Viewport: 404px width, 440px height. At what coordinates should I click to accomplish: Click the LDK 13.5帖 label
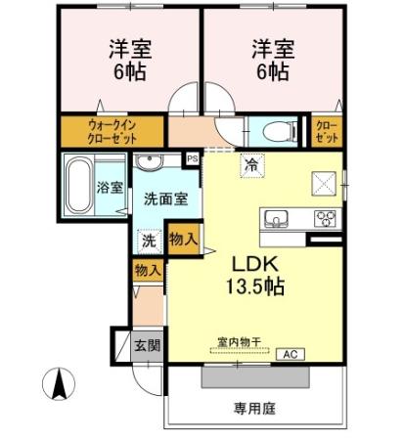pos(257,277)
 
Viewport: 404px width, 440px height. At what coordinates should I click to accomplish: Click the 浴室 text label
pos(110,188)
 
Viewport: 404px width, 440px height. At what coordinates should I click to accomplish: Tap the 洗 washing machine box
pos(150,238)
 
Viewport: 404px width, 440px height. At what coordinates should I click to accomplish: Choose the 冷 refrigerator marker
pos(253,165)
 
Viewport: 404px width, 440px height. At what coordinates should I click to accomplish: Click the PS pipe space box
pos(193,156)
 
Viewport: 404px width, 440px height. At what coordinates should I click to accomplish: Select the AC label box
pos(289,354)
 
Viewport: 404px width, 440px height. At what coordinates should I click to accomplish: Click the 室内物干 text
pos(239,341)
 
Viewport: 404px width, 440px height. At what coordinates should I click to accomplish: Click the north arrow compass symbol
pos(58,383)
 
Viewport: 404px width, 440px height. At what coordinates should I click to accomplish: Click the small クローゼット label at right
pos(326,131)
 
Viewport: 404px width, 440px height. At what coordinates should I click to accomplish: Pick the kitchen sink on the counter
pos(275,217)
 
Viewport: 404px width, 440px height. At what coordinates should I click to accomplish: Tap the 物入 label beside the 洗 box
pos(183,238)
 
